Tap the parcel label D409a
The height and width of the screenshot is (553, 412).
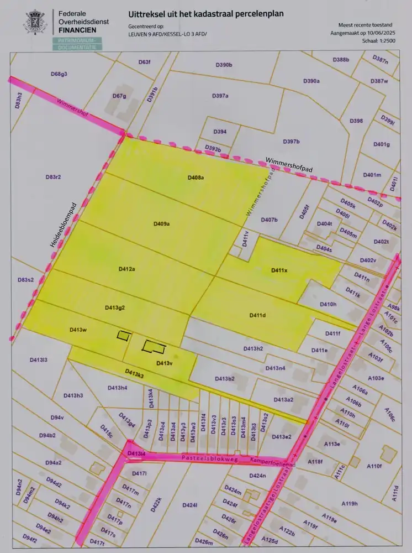coord(161,224)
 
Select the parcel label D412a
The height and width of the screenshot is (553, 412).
coord(127,269)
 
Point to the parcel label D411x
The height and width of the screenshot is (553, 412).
coord(279,270)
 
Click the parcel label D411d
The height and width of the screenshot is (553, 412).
coord(257,315)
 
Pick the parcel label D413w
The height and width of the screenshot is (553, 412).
coord(78,330)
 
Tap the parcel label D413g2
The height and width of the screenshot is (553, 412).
coord(114,307)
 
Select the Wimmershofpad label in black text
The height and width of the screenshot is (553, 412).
coord(289,162)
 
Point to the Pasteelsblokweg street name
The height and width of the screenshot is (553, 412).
coord(206,458)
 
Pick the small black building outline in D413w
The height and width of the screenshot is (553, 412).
coord(124,335)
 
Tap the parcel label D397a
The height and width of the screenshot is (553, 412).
coord(220,96)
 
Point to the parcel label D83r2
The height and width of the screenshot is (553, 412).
coord(52,177)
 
